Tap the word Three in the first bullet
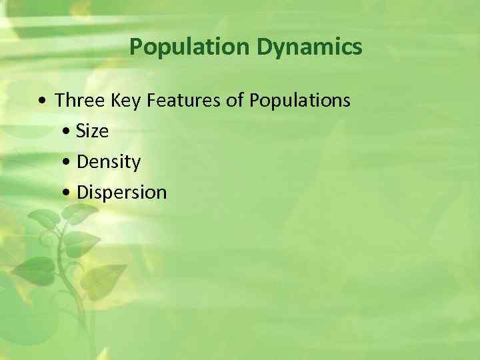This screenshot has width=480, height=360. [x=77, y=101]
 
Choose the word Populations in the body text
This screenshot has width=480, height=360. [x=299, y=101]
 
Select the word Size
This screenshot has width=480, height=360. [x=93, y=131]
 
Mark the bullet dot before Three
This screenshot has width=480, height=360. [x=43, y=102]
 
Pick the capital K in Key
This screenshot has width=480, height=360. [x=109, y=101]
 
